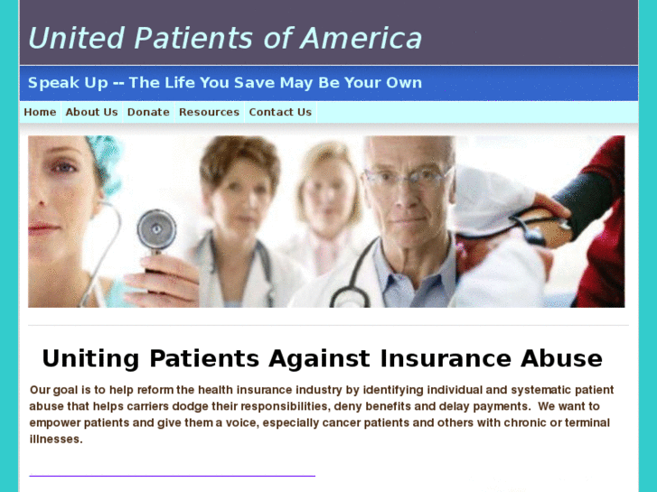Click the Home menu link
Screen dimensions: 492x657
[x=40, y=112]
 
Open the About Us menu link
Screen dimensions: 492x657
[x=91, y=112]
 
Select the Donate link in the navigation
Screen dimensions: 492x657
[x=148, y=112]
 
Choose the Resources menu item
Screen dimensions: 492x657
[x=209, y=112]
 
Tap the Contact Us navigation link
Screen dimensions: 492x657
[x=280, y=112]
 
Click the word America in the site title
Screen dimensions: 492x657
[x=361, y=38]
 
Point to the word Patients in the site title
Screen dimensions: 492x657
[x=192, y=38]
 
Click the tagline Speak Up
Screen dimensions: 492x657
[x=67, y=83]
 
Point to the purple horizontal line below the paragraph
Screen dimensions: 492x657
[x=172, y=475]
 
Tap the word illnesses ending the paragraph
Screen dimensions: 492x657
[x=55, y=439]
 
